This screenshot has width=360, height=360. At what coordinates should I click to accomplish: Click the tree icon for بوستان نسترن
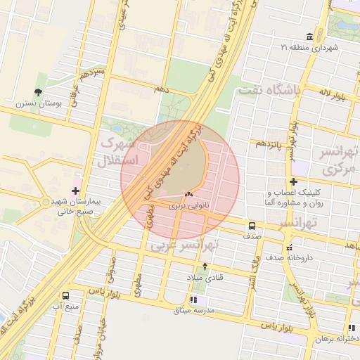point(37,92)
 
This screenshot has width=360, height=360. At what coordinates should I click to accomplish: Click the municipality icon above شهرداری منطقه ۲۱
point(309,37)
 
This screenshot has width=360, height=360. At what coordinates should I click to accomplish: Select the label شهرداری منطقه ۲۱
point(309,47)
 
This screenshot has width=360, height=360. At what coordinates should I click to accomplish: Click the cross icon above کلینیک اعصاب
point(293,182)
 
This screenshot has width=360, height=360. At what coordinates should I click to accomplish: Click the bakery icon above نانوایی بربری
point(188,194)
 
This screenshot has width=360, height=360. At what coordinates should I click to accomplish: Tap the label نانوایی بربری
point(188,207)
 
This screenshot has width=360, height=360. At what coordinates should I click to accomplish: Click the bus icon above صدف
point(251,226)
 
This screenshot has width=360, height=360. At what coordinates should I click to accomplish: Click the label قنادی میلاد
point(204,277)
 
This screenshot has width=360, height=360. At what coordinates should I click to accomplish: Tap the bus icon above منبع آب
point(66,296)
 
